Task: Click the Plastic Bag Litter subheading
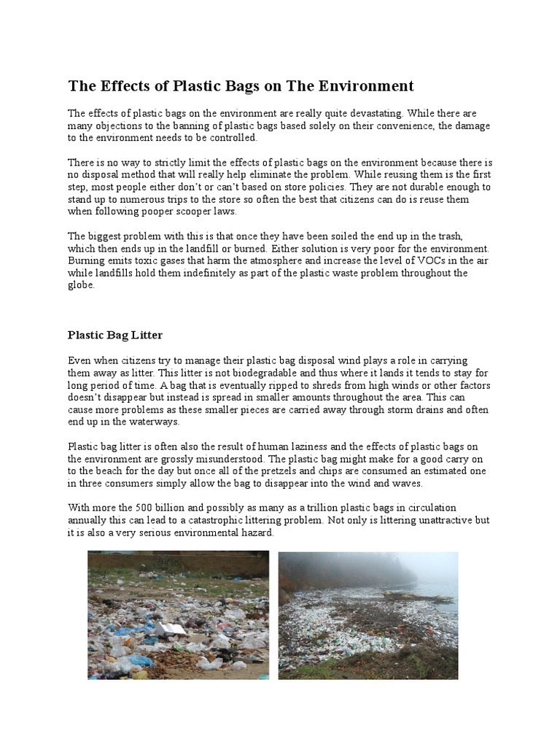coord(114,335)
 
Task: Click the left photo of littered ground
coord(178,615)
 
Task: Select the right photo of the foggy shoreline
coord(368,615)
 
